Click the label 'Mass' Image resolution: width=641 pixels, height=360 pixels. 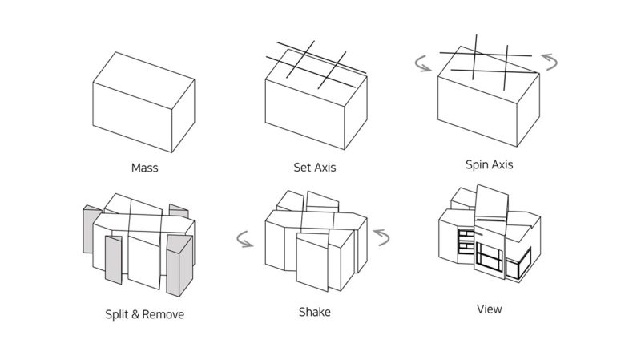145,168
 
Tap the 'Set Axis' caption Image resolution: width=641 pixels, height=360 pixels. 315,168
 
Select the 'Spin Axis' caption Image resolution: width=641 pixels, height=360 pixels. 490,165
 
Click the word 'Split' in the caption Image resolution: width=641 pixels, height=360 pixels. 117,314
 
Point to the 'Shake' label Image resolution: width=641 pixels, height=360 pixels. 315,312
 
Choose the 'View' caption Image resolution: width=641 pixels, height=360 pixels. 490,309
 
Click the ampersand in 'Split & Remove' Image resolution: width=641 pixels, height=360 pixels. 135,314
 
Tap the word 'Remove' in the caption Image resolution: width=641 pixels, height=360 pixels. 163,314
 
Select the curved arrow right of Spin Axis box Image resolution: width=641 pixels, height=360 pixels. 553,62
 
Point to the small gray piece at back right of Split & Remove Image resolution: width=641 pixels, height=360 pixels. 179,211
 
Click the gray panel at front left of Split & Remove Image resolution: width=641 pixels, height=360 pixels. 113,259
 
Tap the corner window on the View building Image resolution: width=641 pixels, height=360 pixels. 518,264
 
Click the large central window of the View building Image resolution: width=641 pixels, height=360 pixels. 490,256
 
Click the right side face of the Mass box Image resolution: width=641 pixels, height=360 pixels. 183,115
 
